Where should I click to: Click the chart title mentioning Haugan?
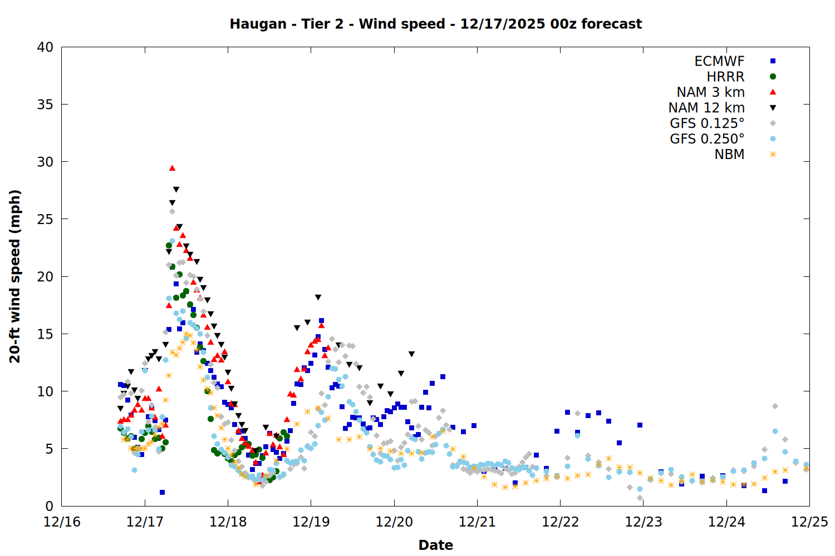435,24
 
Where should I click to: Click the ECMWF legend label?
719,61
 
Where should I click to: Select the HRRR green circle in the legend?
773,77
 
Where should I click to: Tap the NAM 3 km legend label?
710,92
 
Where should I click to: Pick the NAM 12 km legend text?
706,108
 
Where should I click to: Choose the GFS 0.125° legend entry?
707,123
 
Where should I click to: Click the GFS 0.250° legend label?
707,139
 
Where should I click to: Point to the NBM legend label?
729,155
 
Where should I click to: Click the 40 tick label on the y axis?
45,47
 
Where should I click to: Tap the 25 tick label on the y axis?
45,219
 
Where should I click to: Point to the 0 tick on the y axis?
49,506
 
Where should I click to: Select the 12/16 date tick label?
62,522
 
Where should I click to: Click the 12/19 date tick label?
311,522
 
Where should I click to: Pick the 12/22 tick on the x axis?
560,522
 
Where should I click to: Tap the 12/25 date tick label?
809,522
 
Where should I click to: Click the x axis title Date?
435,545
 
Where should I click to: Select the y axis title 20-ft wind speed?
15,276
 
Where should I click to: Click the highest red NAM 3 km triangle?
172,168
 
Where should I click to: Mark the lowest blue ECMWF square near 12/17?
162,492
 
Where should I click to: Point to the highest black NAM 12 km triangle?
176,190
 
